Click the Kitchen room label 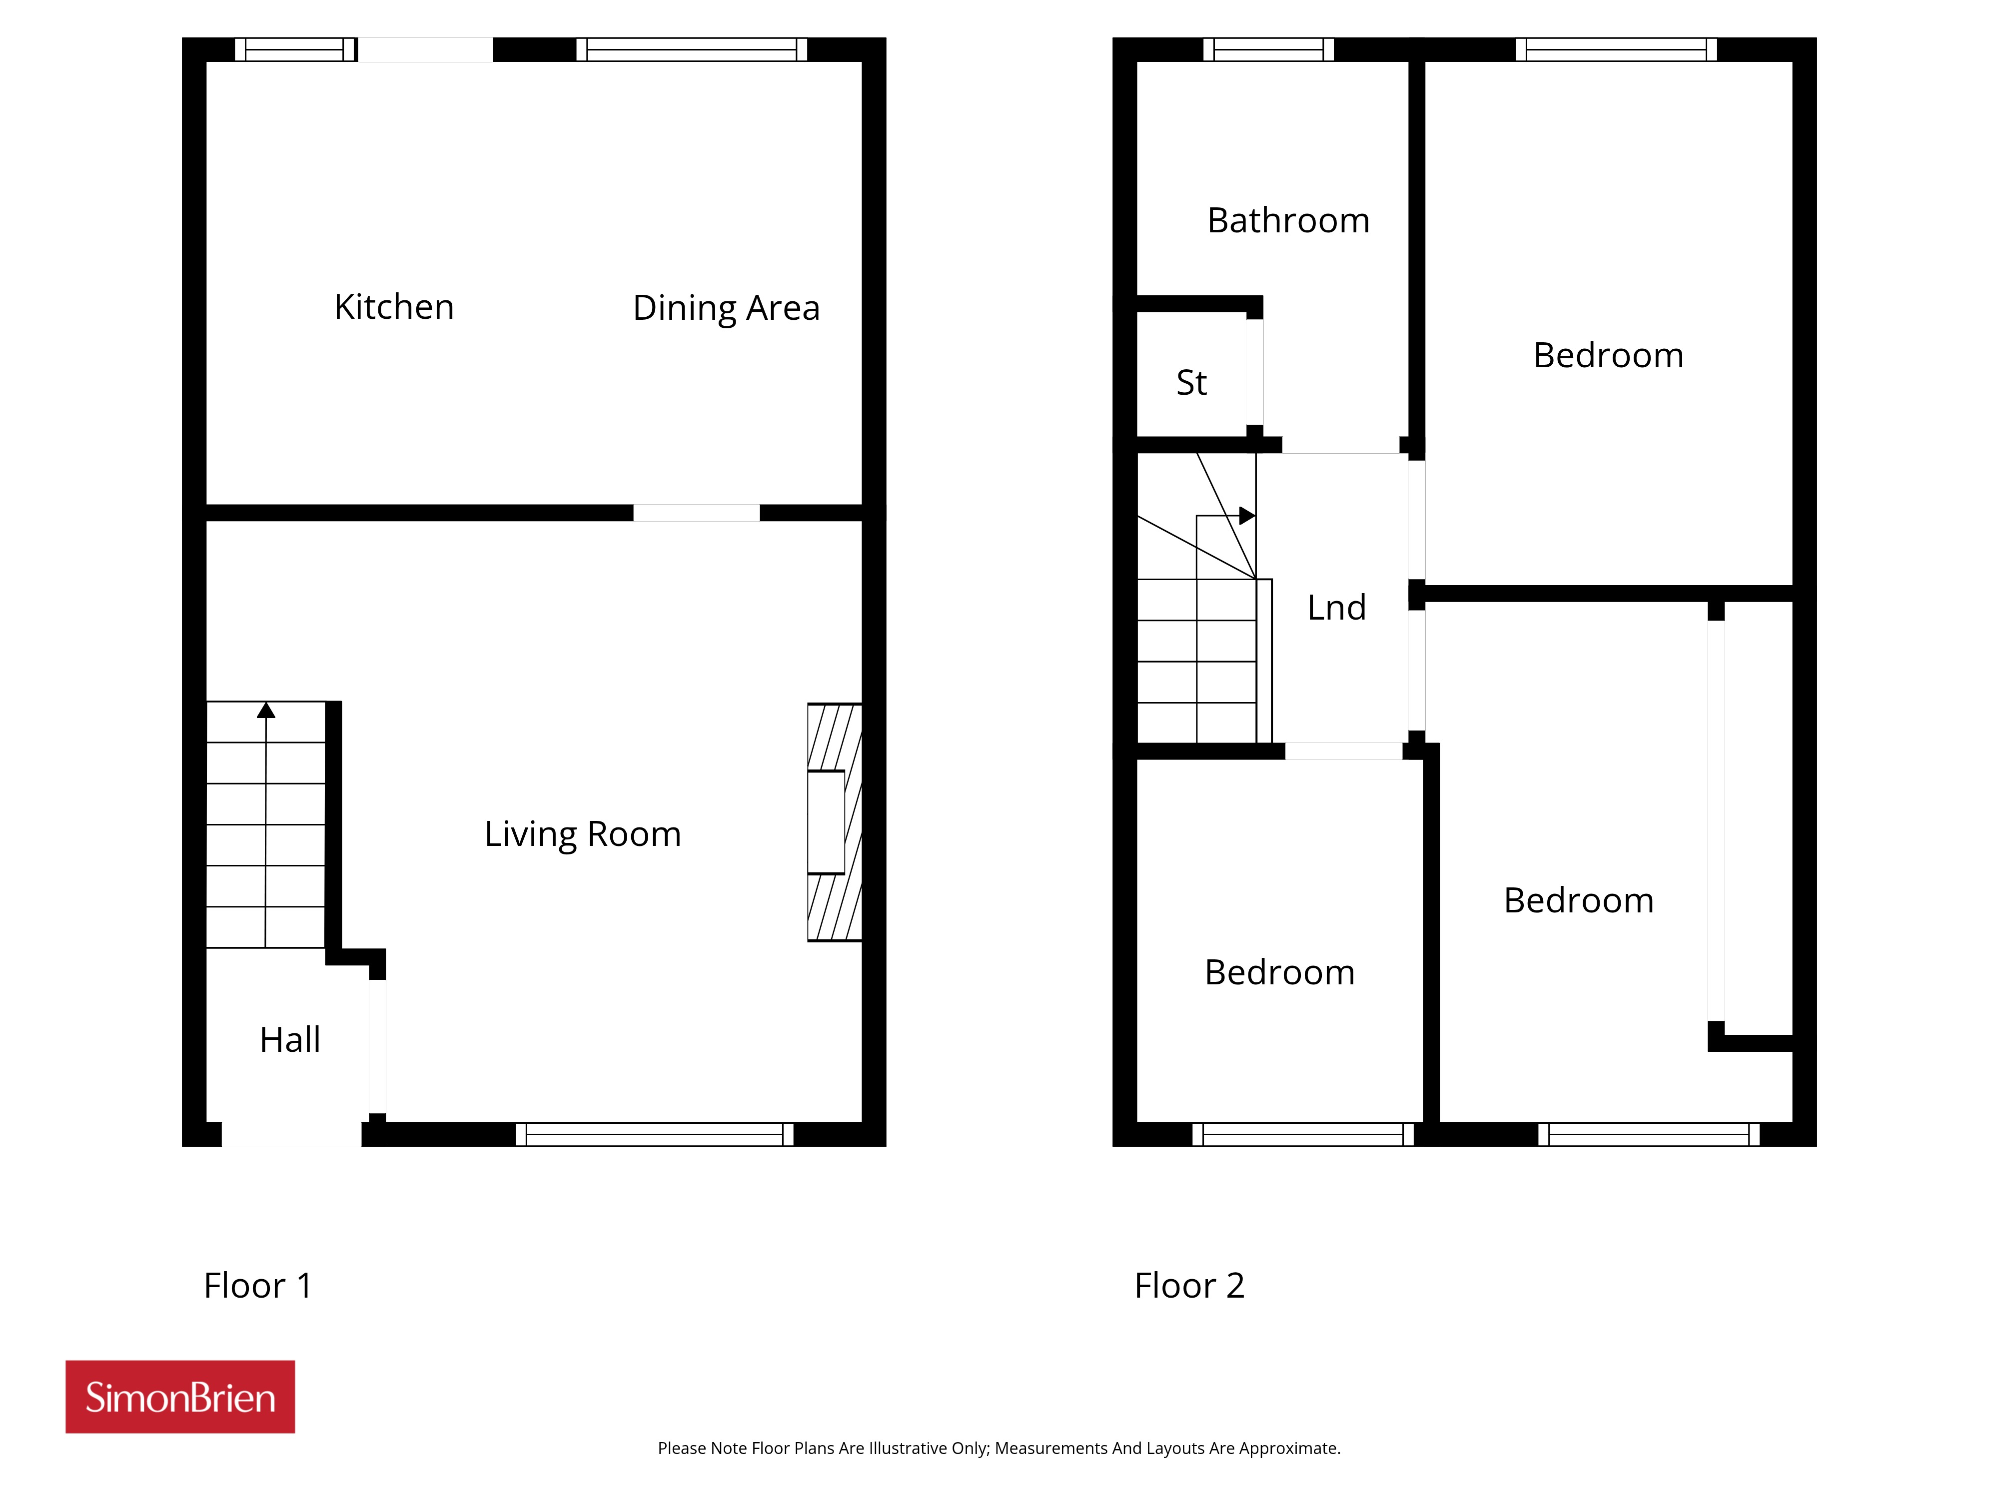[394, 307]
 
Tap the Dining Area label [727, 308]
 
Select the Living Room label [583, 834]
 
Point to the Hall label [290, 1039]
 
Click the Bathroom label [1289, 220]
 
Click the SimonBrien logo [180, 1397]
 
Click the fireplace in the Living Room [834, 822]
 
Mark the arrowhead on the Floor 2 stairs [1247, 516]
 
